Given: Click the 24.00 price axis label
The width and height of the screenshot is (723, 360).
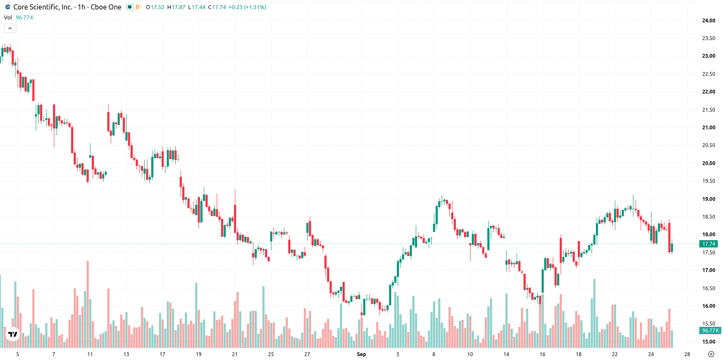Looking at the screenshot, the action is [x=708, y=21].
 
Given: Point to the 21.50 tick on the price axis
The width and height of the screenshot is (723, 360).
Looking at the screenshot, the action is [x=708, y=110].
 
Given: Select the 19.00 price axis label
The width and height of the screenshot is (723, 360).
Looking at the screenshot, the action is [x=708, y=199].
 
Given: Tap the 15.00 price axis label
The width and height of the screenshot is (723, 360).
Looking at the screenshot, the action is [x=708, y=341].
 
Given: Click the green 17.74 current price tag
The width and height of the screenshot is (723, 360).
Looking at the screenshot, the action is [x=708, y=244].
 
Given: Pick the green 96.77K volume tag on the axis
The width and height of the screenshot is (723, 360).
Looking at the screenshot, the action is [x=710, y=330].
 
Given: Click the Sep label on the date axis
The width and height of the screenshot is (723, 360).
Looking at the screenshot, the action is [x=361, y=354].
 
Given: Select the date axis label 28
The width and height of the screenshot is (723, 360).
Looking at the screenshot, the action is [x=687, y=354].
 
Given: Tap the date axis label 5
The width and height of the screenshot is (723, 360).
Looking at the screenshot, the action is [x=17, y=354].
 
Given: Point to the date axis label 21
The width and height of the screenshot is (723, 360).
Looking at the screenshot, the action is [x=235, y=354].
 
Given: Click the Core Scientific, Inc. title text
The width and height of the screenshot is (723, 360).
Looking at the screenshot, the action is [x=43, y=7].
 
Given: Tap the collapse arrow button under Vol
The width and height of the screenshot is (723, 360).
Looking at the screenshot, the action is [x=10, y=28].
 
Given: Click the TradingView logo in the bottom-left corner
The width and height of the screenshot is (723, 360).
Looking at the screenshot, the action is [x=13, y=334].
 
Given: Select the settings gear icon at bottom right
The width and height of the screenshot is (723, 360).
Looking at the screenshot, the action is [x=711, y=354].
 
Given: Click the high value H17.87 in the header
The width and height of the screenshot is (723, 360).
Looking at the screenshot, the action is [x=176, y=7].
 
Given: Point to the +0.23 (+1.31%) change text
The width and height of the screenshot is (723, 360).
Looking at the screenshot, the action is [x=247, y=7].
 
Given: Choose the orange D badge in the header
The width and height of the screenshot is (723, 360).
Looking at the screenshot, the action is [x=137, y=7].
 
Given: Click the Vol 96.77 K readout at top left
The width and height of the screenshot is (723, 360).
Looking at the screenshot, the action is [x=19, y=17].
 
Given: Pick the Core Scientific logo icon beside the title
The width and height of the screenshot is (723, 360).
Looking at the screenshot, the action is [x=8, y=7].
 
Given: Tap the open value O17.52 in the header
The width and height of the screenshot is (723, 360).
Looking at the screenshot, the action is [x=155, y=7].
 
